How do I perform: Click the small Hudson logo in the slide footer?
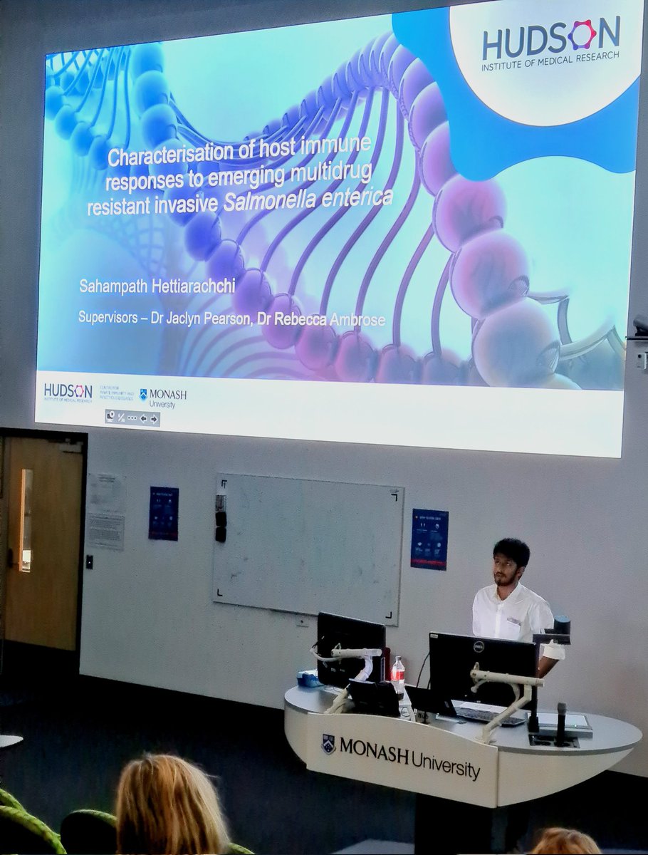68,392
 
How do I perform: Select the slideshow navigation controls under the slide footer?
132,418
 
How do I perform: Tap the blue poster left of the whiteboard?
163,513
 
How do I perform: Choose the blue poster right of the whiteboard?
429,539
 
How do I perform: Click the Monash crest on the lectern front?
328,743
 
